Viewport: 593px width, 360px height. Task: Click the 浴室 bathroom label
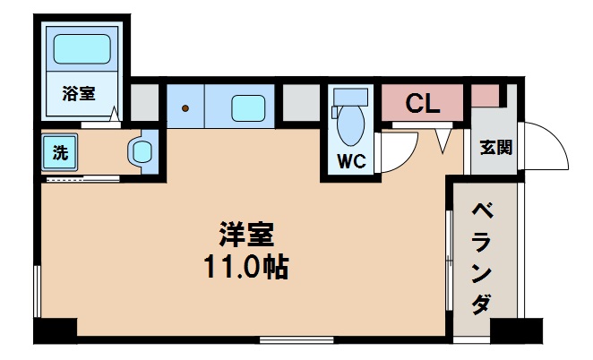[x=78, y=92]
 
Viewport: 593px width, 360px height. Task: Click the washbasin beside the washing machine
[x=141, y=151]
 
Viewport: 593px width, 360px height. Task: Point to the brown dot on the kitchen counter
[x=186, y=108]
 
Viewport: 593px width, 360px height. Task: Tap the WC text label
[x=349, y=162]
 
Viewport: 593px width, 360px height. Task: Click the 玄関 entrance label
[x=495, y=148]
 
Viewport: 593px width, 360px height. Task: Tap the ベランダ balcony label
[x=484, y=259]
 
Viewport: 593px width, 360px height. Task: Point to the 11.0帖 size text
[x=244, y=266]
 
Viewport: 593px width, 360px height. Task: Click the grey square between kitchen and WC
[x=302, y=101]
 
